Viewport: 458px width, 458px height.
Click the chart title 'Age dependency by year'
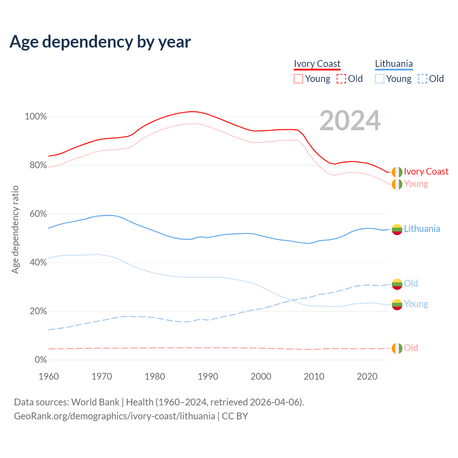(100, 42)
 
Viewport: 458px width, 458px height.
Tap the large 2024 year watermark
(350, 121)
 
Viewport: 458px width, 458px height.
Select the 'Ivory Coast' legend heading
(317, 64)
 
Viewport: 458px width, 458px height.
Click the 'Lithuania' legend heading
(394, 64)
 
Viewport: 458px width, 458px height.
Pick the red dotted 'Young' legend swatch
(298, 79)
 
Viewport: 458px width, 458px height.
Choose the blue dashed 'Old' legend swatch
(423, 79)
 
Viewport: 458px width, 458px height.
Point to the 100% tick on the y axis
(36, 117)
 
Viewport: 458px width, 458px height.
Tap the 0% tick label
(40, 360)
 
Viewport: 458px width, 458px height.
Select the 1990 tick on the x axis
(208, 376)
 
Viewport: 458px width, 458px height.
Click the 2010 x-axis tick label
(314, 376)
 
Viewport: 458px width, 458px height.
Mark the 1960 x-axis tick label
(49, 376)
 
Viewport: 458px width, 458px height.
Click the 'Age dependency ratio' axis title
(15, 229)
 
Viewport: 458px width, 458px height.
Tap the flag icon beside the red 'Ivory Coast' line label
(397, 172)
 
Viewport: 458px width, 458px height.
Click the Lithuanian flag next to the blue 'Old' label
(397, 284)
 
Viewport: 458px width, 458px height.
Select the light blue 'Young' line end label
(416, 304)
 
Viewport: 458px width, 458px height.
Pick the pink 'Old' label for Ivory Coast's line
(411, 348)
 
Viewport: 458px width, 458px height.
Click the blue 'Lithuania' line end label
(422, 229)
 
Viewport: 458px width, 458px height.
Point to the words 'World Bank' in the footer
(95, 402)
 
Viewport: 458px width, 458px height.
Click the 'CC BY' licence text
(235, 416)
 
